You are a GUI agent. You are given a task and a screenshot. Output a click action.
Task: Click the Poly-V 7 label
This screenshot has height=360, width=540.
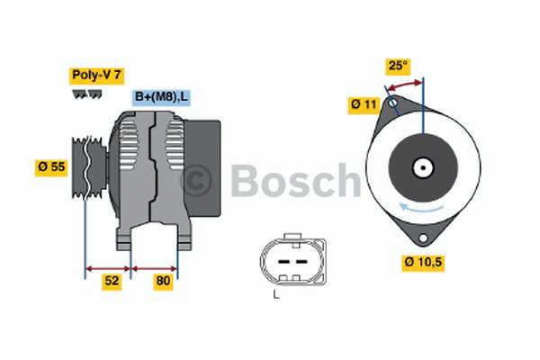point(96,76)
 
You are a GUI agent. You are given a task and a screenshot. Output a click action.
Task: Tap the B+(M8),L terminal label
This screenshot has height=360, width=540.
point(162,97)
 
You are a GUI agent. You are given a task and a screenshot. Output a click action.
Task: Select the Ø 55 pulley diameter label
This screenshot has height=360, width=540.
point(51,166)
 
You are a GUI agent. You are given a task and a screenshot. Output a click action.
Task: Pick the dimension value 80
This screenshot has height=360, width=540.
point(162,281)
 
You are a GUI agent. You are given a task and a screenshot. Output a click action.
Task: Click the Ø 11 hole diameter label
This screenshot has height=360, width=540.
point(363,104)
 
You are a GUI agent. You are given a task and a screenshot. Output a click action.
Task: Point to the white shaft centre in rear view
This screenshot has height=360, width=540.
point(422,167)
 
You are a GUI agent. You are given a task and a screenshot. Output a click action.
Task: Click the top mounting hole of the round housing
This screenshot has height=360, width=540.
point(391,103)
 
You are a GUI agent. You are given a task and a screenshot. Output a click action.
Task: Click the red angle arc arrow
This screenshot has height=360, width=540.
point(404,84)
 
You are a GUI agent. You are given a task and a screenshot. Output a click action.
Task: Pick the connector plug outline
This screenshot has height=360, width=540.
point(288,261)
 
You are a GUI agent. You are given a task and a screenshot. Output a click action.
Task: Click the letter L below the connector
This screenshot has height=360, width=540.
point(275,295)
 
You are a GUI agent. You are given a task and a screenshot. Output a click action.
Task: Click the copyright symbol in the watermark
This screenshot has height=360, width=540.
point(198,181)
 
